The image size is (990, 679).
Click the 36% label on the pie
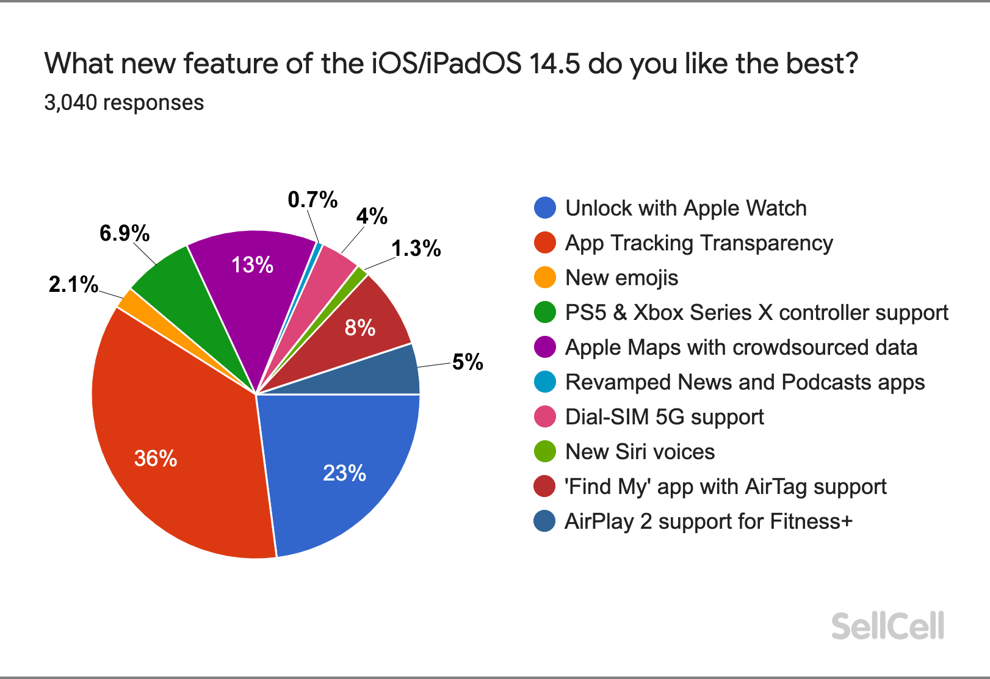point(156,458)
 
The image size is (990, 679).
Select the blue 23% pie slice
point(342,464)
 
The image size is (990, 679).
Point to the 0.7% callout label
point(313,200)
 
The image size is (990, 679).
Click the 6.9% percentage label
point(125,233)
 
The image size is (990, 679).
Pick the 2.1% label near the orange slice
point(73,284)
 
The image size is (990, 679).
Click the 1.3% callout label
point(416,249)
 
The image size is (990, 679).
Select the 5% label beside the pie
point(468,362)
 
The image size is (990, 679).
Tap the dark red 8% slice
point(366,324)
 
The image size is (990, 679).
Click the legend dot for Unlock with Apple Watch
point(544,208)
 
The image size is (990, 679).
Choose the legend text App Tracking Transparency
point(699,243)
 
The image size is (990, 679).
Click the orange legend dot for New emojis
point(544,277)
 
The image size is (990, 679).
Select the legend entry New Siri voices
point(640,452)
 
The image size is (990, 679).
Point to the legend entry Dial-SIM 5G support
point(664,417)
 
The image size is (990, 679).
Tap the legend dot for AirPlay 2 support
point(544,521)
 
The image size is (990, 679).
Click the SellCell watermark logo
point(887,626)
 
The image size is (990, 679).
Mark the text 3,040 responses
point(124,103)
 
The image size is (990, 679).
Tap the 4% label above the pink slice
point(372,216)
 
